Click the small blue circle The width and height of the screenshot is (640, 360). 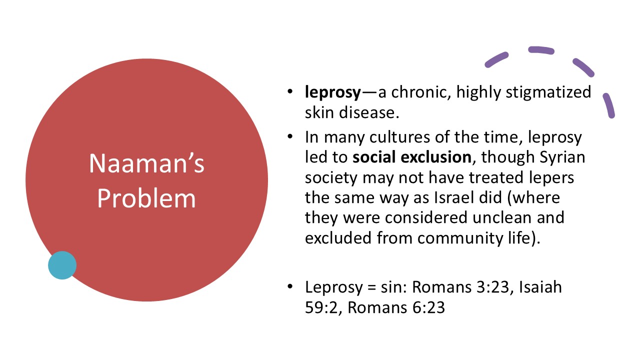(x=62, y=265)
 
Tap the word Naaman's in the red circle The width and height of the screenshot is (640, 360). (x=146, y=163)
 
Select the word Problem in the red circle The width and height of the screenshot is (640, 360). (x=146, y=198)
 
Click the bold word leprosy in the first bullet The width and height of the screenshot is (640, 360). (x=332, y=92)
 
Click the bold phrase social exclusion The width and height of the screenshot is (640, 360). (x=412, y=157)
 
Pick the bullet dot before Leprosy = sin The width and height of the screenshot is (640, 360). (x=290, y=287)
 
